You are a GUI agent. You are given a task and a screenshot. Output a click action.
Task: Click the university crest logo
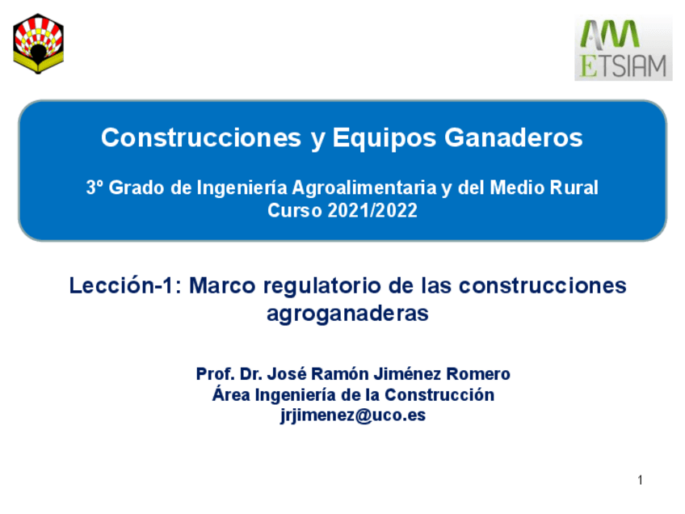point(39,44)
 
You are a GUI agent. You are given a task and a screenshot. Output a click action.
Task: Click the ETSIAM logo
point(623,48)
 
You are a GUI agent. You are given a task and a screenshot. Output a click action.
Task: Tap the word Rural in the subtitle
point(574,188)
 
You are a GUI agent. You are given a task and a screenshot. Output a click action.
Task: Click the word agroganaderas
point(347,314)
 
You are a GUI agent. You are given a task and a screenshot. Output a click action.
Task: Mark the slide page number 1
point(640,481)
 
